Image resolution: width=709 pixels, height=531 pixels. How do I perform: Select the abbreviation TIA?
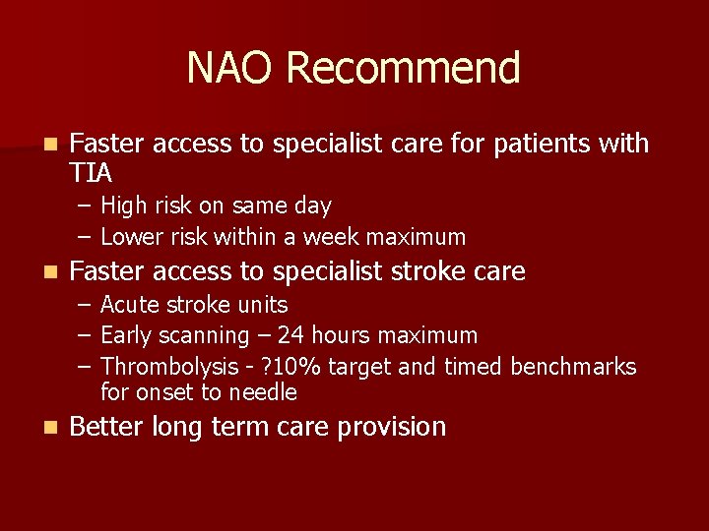pyautogui.click(x=92, y=173)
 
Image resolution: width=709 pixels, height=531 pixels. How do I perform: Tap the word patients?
pyautogui.click(x=545, y=144)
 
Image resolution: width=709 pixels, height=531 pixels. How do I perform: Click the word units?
pyautogui.click(x=264, y=305)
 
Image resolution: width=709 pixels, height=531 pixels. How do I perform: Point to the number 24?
pyautogui.click(x=290, y=336)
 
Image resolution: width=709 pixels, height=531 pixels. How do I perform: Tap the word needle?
pyautogui.click(x=264, y=393)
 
